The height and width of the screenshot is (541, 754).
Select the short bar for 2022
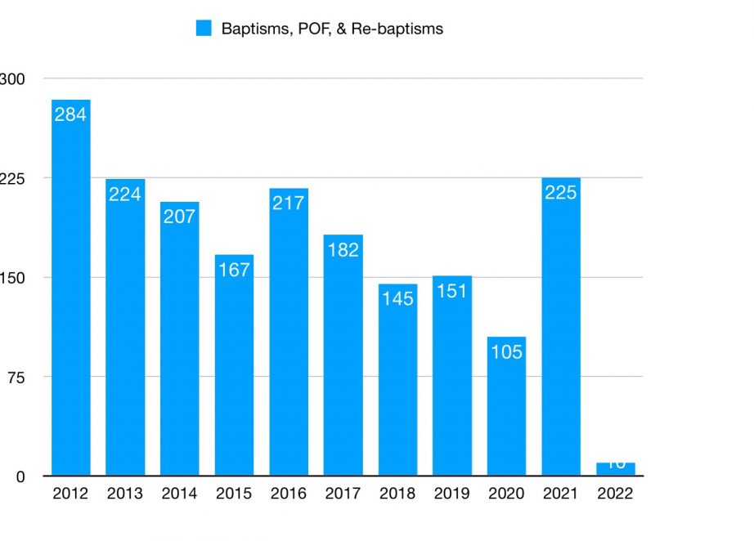[615, 468]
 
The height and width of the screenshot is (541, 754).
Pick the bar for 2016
[289, 332]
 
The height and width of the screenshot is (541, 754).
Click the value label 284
[70, 114]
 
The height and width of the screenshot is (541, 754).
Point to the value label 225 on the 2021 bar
[561, 193]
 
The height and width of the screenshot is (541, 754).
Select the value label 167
[234, 269]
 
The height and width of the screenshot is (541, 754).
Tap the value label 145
[397, 298]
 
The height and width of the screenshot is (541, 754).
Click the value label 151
[451, 291]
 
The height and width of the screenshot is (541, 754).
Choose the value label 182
[343, 249]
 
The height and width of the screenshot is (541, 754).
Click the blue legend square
[204, 29]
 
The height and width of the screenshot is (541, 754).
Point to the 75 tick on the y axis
[18, 377]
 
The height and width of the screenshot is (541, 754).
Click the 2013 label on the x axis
[125, 494]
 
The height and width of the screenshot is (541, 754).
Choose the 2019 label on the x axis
[451, 494]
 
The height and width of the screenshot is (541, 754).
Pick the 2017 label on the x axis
[343, 494]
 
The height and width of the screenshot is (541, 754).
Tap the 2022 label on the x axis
[615, 494]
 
